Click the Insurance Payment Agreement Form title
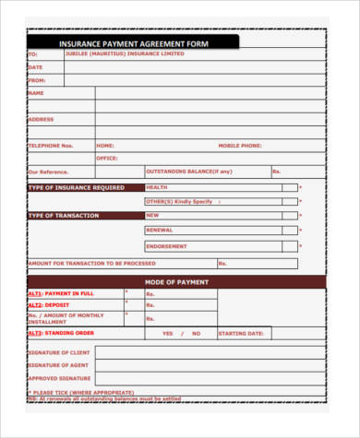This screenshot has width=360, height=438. (x=133, y=42)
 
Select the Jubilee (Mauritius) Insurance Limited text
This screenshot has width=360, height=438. (x=125, y=53)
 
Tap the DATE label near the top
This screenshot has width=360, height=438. (x=35, y=67)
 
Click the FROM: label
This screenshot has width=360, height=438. (x=37, y=80)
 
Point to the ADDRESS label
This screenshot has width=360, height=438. (x=42, y=119)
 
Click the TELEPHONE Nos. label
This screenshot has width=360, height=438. (x=50, y=146)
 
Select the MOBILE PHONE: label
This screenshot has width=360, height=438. (x=240, y=146)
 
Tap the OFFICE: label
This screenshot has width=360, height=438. (x=107, y=158)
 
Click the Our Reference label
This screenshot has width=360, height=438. (x=48, y=172)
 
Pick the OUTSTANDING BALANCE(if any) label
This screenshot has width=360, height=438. (x=189, y=172)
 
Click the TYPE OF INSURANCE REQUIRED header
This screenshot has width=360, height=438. (x=77, y=187)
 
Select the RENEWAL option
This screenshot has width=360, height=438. (x=160, y=230)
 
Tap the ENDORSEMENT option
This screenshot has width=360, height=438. (x=166, y=246)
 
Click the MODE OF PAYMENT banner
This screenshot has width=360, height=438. (x=176, y=281)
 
